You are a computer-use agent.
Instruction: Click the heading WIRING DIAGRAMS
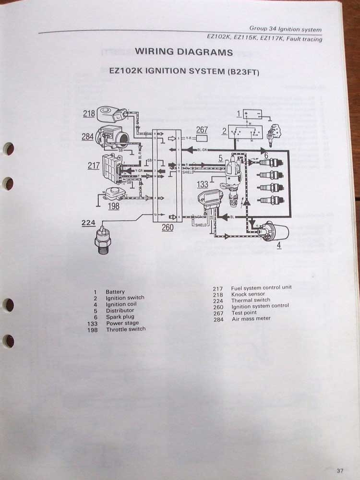pyautogui.click(x=184, y=52)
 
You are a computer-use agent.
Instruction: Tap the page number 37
pyautogui.click(x=340, y=470)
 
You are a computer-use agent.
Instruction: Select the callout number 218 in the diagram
pyautogui.click(x=89, y=113)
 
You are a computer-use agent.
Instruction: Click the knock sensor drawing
pyautogui.click(x=112, y=115)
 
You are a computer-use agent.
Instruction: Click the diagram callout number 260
pyautogui.click(x=167, y=227)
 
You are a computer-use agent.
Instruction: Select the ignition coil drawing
pyautogui.click(x=271, y=232)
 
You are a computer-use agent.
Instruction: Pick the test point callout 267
pyautogui.click(x=202, y=130)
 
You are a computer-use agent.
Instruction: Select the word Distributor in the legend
pyautogui.click(x=120, y=311)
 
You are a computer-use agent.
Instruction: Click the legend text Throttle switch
pyautogui.click(x=126, y=329)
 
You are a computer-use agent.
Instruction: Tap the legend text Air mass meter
pyautogui.click(x=251, y=318)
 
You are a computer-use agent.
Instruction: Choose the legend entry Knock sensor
pyautogui.click(x=248, y=294)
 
